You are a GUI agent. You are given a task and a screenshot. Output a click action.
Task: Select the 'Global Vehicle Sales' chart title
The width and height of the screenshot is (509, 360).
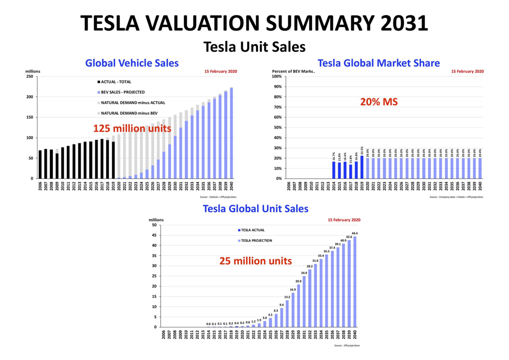[x=132, y=63]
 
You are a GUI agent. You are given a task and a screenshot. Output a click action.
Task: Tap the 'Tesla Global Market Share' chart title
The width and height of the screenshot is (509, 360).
[x=379, y=63]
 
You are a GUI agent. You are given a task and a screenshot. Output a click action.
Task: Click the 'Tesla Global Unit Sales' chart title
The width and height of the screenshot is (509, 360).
[x=255, y=209]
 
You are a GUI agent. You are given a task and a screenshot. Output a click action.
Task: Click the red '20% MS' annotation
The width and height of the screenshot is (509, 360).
[x=379, y=102]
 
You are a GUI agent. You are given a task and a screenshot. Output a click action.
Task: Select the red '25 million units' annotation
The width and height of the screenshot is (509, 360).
[x=255, y=261]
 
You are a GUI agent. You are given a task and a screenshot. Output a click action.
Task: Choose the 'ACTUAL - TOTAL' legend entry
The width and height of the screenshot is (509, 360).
[x=115, y=82]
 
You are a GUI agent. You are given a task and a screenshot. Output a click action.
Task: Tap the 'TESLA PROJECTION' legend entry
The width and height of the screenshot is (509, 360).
[x=256, y=241]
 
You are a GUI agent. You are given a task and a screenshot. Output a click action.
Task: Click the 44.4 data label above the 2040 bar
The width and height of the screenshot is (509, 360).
[x=355, y=233]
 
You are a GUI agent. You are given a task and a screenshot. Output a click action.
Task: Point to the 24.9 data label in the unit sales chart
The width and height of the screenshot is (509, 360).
[x=304, y=273]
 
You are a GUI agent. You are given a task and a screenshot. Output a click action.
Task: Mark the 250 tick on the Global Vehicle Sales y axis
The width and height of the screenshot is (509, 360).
[x=30, y=76]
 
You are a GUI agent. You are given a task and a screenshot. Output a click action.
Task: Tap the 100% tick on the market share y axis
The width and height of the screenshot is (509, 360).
[x=276, y=76]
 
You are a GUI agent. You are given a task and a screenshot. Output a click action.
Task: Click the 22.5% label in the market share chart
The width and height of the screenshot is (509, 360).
[x=362, y=151]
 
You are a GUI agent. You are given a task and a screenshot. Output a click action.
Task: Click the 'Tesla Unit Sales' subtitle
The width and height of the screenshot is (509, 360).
[x=255, y=47]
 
